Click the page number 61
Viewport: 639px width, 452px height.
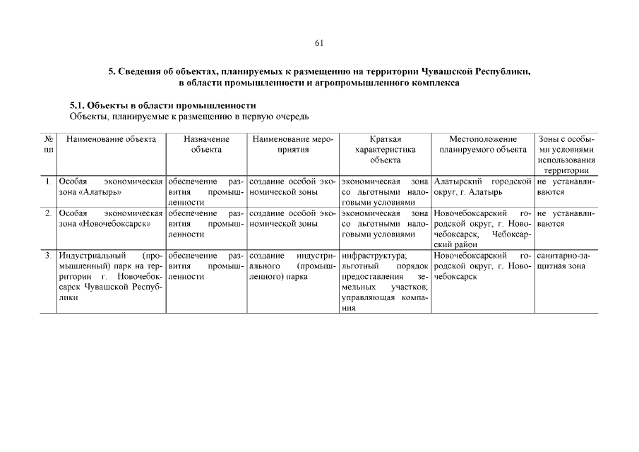click(x=319, y=43)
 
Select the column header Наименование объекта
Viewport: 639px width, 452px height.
click(x=111, y=139)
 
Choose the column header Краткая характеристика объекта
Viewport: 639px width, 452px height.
click(x=385, y=149)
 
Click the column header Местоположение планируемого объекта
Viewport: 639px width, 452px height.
click(x=483, y=144)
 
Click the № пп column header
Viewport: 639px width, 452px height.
click(x=48, y=144)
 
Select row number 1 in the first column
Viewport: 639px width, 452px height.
click(x=48, y=182)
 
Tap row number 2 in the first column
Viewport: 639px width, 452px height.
click(x=48, y=213)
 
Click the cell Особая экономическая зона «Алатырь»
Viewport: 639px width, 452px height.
click(x=111, y=187)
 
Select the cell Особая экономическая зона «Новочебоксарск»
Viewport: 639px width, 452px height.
click(x=111, y=218)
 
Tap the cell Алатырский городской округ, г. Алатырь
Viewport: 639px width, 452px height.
click(x=483, y=187)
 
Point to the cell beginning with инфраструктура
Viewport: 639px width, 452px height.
click(x=385, y=281)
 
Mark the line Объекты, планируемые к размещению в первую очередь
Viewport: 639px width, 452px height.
click(x=189, y=116)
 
